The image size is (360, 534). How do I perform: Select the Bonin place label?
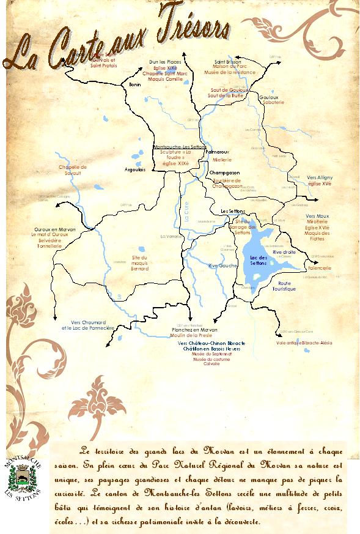134,85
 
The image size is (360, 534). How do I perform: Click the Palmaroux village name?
218,150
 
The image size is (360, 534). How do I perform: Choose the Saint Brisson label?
227,62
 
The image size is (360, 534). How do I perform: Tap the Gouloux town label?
268,97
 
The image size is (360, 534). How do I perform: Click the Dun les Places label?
166,62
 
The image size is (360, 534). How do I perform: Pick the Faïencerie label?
320,268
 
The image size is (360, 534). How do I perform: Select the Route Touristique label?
284,286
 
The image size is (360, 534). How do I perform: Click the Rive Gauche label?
222,265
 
